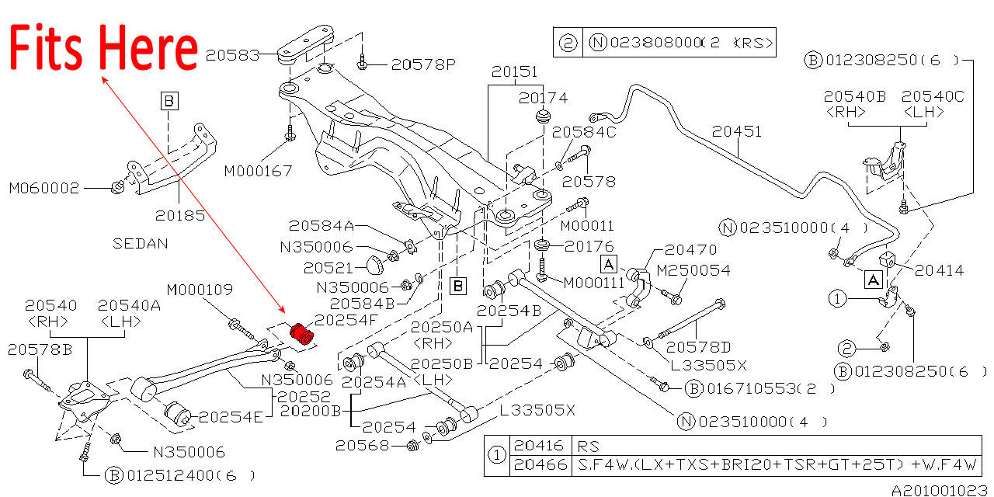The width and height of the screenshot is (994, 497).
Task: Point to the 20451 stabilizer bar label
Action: click(x=738, y=132)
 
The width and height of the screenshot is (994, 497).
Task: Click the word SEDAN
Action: click(x=141, y=242)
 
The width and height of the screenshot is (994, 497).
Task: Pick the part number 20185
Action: click(x=180, y=215)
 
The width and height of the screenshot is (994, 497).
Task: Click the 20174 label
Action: click(x=544, y=99)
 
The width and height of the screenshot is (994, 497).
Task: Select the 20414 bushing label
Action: click(x=939, y=271)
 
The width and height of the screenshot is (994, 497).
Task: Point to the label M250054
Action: click(x=693, y=269)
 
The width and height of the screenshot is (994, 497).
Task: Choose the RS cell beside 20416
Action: click(x=585, y=447)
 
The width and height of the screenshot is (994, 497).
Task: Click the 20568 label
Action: click(x=362, y=445)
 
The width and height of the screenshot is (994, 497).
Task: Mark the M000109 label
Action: click(x=200, y=290)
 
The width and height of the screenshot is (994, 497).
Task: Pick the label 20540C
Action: click(x=931, y=96)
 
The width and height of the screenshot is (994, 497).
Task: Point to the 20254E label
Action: click(x=231, y=417)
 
